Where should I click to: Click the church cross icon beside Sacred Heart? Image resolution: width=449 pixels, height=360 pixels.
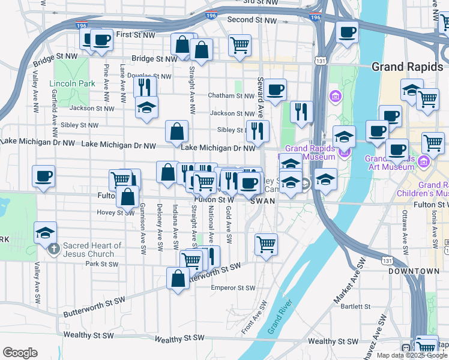tap(53, 250)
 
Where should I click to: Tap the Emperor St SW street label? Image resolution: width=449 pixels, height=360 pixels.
tap(234, 288)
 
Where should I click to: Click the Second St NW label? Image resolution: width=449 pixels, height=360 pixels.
tap(252, 20)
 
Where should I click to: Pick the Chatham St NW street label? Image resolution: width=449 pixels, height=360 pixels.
tap(231, 95)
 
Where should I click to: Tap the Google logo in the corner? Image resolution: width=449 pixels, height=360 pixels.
tap(20, 353)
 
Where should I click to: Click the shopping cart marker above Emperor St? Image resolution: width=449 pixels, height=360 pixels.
tap(266, 244)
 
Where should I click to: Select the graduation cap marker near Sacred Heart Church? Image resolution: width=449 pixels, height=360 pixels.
tap(45, 233)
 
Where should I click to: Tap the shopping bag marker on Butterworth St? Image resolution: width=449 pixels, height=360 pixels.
tap(178, 278)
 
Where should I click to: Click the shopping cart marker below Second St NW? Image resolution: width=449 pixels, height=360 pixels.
tap(240, 44)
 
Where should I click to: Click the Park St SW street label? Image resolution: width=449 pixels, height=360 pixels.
tap(100, 263)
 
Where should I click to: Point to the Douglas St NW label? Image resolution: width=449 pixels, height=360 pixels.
tap(137, 76)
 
